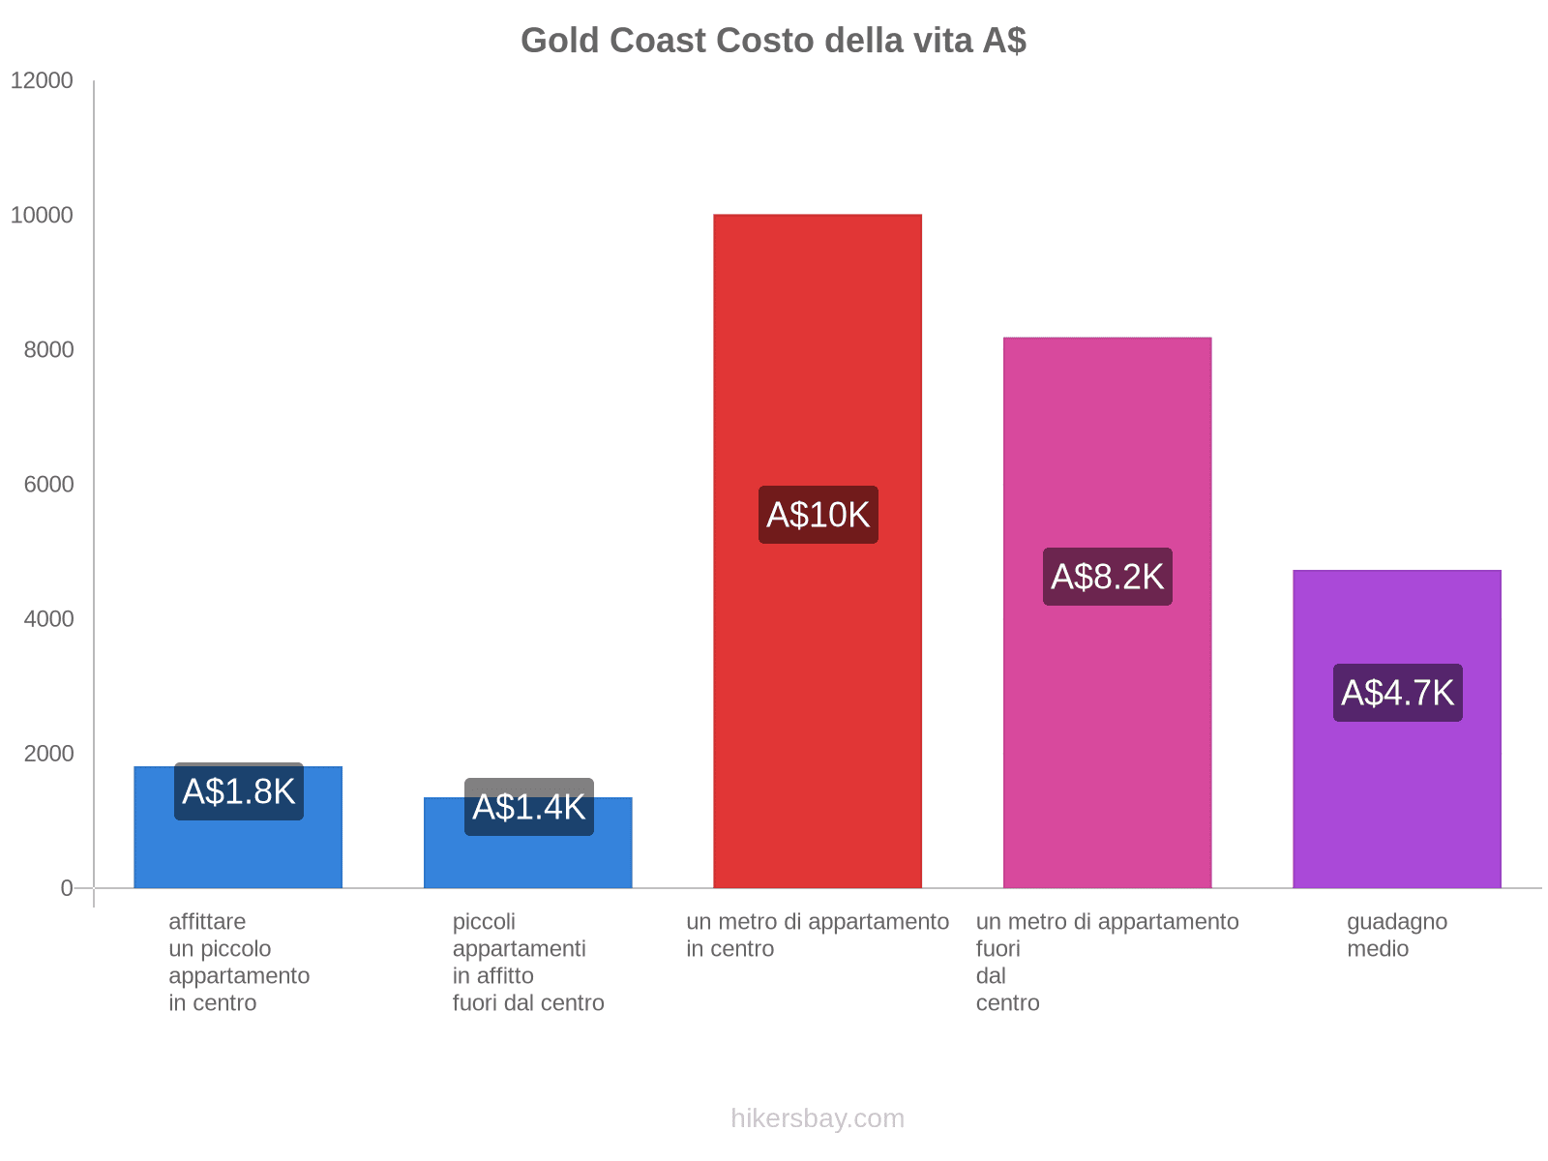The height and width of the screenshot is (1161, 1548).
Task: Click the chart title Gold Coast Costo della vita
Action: [773, 41]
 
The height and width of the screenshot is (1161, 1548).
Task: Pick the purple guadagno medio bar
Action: [1396, 793]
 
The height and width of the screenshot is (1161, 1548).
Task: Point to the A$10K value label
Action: [818, 515]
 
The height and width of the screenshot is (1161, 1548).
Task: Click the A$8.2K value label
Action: [1107, 577]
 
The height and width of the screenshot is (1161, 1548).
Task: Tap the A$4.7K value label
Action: [1397, 693]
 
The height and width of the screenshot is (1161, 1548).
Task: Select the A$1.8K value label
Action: [238, 791]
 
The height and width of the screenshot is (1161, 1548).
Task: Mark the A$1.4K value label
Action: [528, 807]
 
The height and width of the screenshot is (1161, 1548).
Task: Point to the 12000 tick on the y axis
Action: [42, 80]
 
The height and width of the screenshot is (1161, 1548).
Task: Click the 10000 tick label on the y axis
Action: [42, 215]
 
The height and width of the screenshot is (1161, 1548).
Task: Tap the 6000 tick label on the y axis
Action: [48, 484]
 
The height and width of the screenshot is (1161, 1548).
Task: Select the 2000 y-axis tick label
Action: [48, 753]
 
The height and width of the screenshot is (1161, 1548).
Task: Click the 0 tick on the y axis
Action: [67, 887]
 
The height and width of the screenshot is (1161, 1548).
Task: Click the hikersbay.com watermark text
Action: [818, 1118]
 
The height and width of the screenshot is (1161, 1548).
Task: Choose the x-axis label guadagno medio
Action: [1396, 935]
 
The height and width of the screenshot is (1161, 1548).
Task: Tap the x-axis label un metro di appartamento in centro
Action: [818, 935]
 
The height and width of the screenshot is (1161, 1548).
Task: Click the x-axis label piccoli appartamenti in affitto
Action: [528, 962]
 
